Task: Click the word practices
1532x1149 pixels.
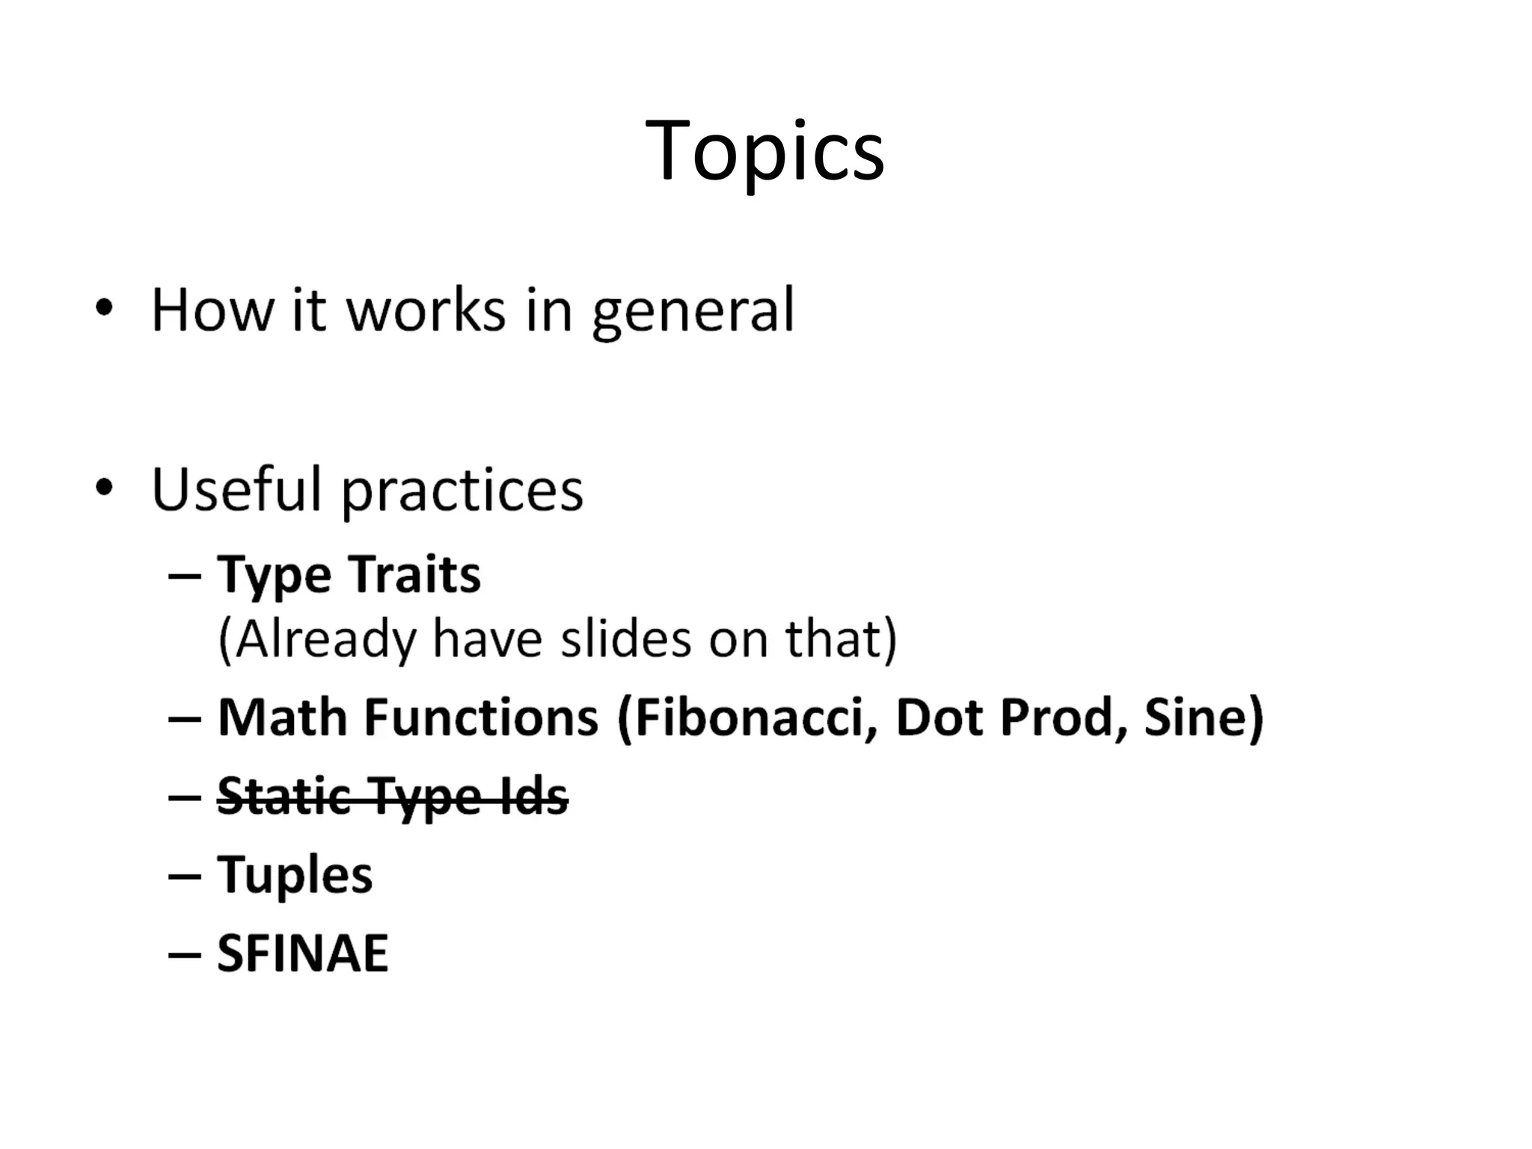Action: [462, 491]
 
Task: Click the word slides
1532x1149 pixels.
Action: [626, 640]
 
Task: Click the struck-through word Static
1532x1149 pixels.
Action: [284, 797]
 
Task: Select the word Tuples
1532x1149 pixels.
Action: [295, 875]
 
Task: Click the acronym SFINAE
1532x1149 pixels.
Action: [302, 953]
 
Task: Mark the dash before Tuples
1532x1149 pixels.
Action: [185, 875]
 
